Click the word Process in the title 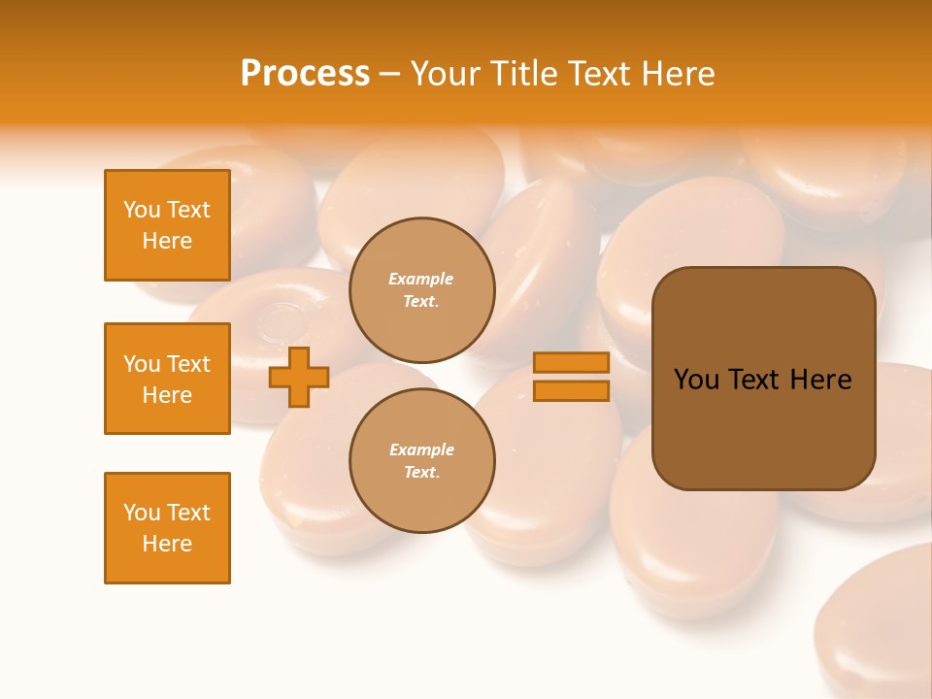tap(305, 74)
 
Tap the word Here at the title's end tap(679, 74)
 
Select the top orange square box tap(167, 225)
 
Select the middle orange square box tap(167, 379)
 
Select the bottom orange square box tap(167, 528)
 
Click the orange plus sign tap(299, 377)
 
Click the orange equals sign tap(571, 377)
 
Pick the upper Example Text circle tap(421, 289)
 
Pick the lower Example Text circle tap(421, 460)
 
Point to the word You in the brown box tap(696, 380)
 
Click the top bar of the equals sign tap(571, 363)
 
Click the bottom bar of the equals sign tap(571, 390)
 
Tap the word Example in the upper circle tap(421, 279)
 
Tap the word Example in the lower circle tap(421, 449)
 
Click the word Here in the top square tap(167, 241)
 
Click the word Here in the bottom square tap(167, 544)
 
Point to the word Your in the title tap(442, 74)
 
